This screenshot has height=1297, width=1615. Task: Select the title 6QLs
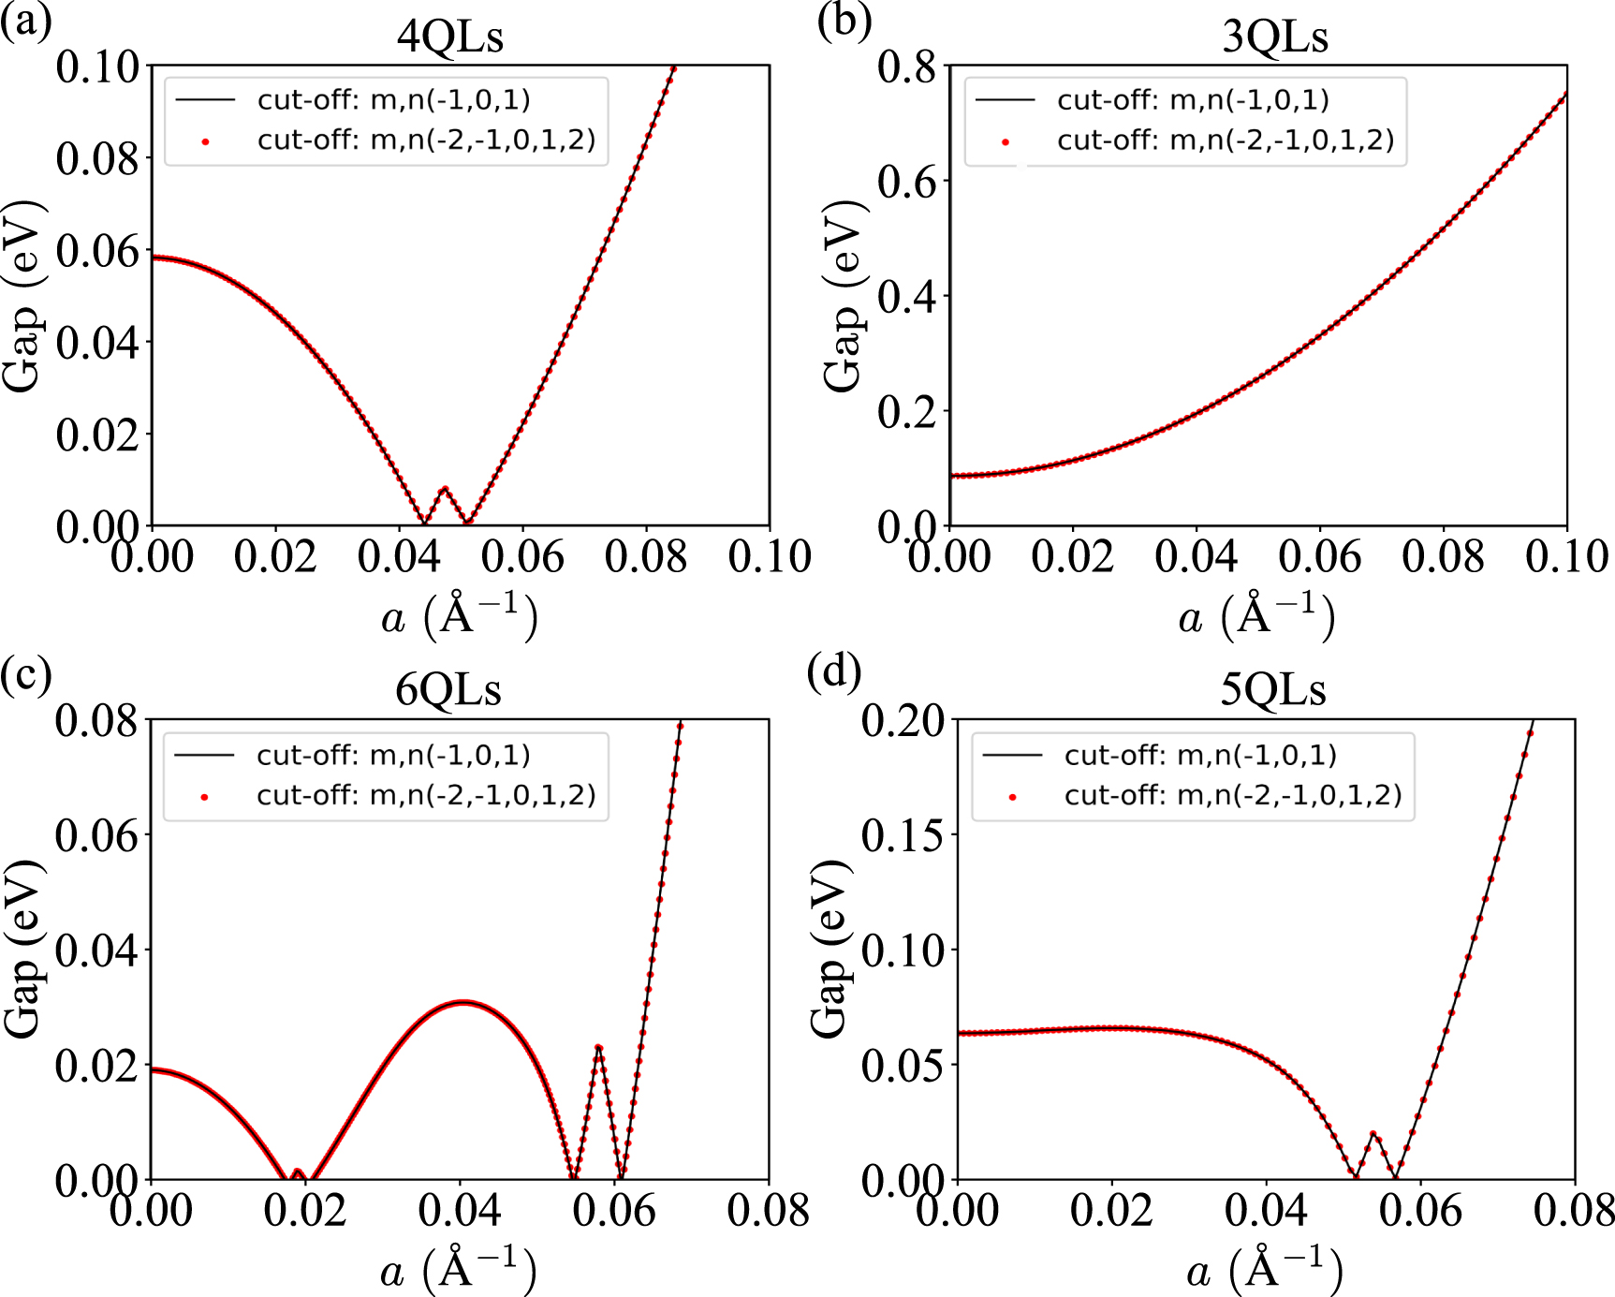pos(448,689)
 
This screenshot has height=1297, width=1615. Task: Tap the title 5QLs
pos(1273,689)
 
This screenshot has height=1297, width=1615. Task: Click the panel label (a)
pos(25,19)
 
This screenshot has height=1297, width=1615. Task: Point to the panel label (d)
pos(834,671)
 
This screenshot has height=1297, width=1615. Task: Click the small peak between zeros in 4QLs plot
pos(445,488)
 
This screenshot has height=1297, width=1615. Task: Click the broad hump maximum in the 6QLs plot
pos(462,1002)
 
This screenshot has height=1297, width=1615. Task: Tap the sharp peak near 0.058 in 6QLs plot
pos(598,1047)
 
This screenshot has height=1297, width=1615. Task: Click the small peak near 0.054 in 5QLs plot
pos(1373,1133)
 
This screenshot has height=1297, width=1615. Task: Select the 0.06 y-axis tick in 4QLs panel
pos(97,251)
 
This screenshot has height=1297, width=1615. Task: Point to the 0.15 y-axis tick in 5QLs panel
pos(903,834)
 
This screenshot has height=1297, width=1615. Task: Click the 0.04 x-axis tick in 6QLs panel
pos(460,1211)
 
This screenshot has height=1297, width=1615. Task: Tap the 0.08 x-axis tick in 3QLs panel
pos(1443,556)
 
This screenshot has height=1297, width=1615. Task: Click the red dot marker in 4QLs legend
pos(205,141)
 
